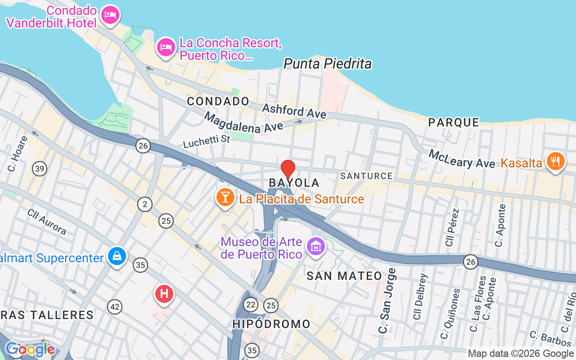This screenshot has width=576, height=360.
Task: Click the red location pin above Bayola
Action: pos(288,170)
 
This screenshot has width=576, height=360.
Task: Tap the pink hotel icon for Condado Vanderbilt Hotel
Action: pos(110,15)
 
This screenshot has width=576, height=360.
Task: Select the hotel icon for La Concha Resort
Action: pos(166,47)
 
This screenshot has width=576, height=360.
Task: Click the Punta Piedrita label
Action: pos(328,64)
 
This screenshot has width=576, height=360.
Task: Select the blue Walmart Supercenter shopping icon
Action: pos(117,256)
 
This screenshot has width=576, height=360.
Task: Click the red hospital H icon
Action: pos(164,294)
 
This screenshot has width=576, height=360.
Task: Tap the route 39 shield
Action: pos(40,169)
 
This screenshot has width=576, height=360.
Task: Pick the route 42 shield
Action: pos(115,307)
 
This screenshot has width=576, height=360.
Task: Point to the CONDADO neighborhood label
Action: pos(218,101)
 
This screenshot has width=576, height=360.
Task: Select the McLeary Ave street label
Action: pos(462,159)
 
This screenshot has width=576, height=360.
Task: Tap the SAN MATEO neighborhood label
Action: pos(344,276)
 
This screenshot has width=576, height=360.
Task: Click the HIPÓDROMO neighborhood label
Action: pos(271,324)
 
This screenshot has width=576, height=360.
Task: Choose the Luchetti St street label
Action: pos(207,141)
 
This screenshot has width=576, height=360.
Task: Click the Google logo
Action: pos(30,349)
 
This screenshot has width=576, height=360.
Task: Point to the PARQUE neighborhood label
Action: pos(454,122)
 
